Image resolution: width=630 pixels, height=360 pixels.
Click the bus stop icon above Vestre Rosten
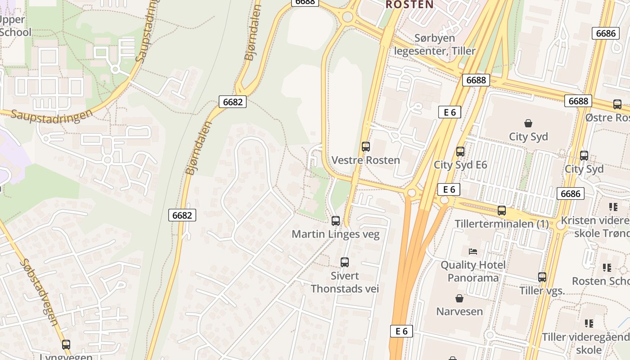click(366, 146)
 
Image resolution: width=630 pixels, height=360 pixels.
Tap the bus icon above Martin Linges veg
click(336, 220)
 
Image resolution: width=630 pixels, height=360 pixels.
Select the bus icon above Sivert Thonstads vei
click(345, 262)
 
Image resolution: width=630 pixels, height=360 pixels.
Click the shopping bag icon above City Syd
click(528, 123)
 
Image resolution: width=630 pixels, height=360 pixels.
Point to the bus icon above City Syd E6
click(460, 152)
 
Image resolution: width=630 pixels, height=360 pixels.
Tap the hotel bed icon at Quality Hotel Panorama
click(472, 252)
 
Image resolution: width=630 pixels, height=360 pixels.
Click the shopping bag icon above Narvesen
click(459, 298)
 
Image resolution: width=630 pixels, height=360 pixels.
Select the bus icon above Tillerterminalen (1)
click(502, 210)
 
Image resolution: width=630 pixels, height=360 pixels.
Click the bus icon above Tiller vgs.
click(542, 277)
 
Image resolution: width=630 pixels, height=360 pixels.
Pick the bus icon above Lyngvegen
click(66, 345)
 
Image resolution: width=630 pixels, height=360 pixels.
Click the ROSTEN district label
click(409, 4)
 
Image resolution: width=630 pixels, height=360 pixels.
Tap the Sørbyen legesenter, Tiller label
click(435, 45)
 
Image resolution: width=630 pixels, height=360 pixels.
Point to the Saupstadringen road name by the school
click(51, 115)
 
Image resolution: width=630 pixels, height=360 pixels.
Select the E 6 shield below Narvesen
click(401, 331)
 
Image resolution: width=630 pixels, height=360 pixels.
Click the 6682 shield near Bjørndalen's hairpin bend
click(233, 102)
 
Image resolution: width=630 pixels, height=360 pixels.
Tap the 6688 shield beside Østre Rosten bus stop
click(578, 101)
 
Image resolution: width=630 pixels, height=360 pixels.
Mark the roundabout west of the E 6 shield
click(411, 193)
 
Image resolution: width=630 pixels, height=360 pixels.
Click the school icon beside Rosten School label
click(607, 268)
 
